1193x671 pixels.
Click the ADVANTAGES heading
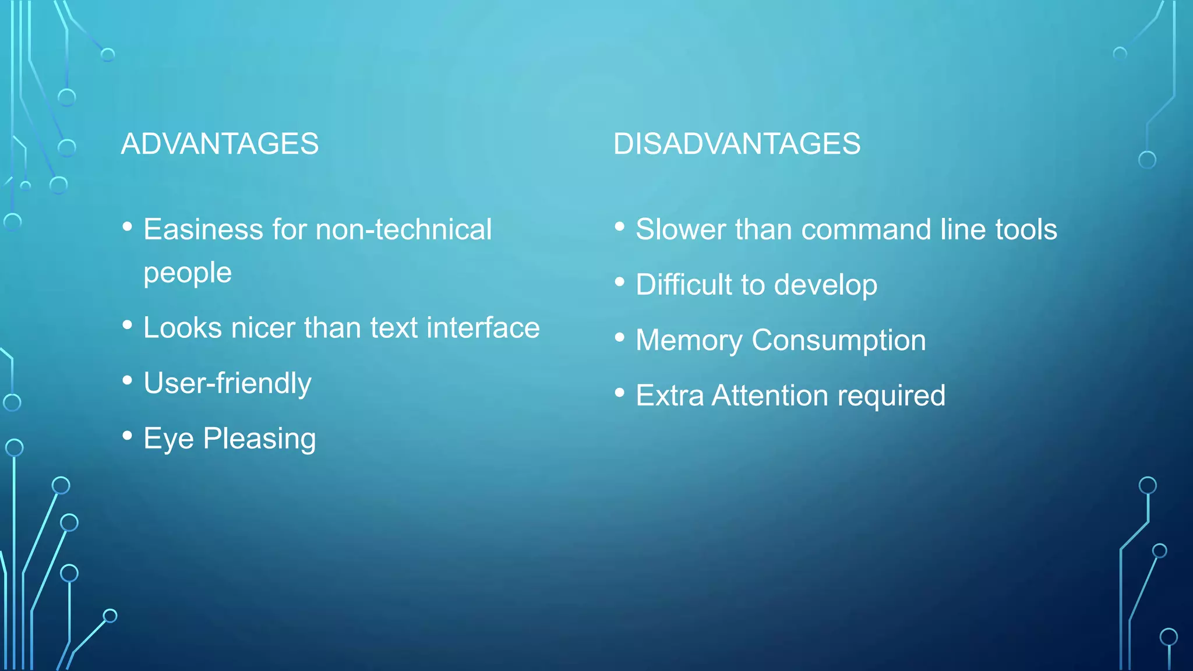[x=220, y=144]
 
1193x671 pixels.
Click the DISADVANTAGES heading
[x=736, y=144]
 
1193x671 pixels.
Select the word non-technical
[x=403, y=229]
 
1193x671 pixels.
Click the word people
[x=187, y=273]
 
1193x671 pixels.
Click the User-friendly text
[x=227, y=383]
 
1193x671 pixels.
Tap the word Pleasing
[x=259, y=439]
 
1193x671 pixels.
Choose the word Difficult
[x=684, y=284]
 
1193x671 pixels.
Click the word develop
[x=825, y=285]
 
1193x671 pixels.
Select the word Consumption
[x=838, y=340]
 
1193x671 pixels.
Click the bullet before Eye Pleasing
[x=128, y=436]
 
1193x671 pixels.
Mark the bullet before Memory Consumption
[x=620, y=337]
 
